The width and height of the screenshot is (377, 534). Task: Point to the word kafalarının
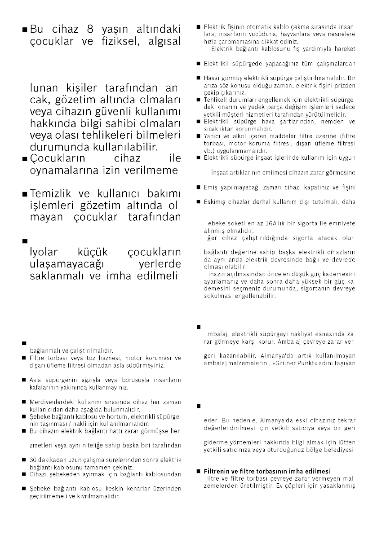45,386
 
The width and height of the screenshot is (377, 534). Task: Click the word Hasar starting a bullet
213,79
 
